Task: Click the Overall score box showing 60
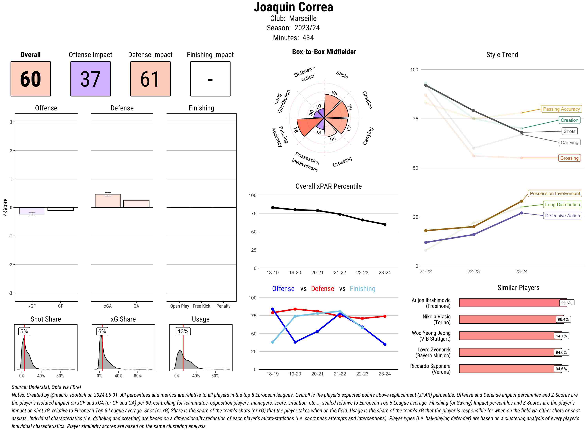(31, 79)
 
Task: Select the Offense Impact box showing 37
(90, 79)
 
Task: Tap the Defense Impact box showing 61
(150, 79)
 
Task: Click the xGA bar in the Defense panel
(108, 201)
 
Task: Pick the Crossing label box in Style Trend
(569, 158)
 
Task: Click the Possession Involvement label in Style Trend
(555, 193)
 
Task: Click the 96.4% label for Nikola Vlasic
(563, 319)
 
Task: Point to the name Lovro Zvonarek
(434, 349)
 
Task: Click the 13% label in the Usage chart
(183, 331)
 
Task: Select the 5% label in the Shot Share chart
(24, 331)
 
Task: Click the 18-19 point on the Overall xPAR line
(273, 207)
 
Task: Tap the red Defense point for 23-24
(385, 316)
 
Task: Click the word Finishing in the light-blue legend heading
(362, 289)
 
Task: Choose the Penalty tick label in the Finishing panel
(223, 306)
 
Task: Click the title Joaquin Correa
(293, 7)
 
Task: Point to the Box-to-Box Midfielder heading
(324, 52)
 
